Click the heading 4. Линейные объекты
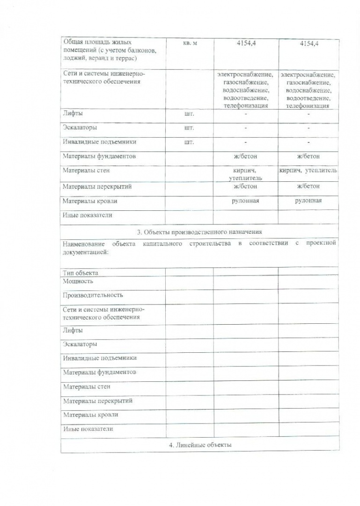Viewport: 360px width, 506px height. click(x=200, y=445)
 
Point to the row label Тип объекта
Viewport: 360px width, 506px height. click(x=81, y=273)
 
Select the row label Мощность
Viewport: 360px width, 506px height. click(x=78, y=281)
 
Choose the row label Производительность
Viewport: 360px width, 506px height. click(x=93, y=295)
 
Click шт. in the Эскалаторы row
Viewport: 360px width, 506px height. click(x=190, y=127)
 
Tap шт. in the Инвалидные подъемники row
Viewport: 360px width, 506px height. click(x=190, y=142)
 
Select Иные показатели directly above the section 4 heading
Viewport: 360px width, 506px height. click(x=88, y=429)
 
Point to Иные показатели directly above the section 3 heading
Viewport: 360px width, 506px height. click(x=88, y=216)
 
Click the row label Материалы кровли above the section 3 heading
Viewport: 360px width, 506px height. click(x=90, y=201)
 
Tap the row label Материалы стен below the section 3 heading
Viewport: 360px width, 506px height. click(x=87, y=387)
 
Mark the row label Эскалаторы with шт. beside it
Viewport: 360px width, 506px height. click(x=80, y=127)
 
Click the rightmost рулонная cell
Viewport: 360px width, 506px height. click(x=308, y=201)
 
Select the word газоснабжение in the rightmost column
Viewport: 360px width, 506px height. click(x=308, y=82)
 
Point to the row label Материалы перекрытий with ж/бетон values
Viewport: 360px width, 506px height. click(x=97, y=186)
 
